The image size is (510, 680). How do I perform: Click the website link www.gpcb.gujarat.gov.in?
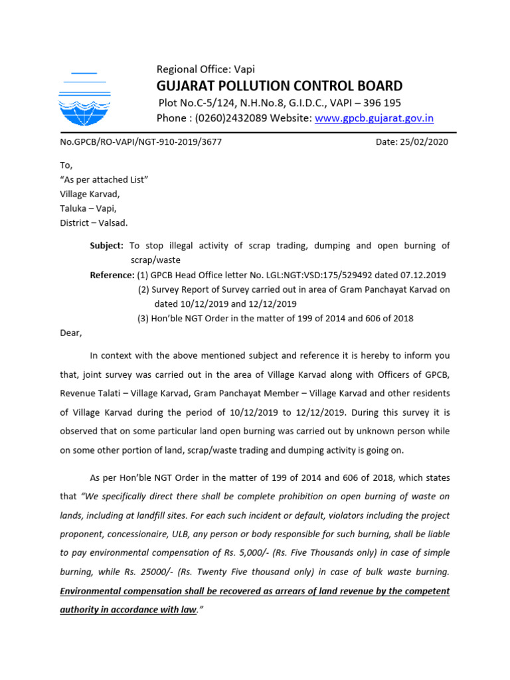(374, 118)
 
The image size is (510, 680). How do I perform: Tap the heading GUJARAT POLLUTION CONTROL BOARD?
(279, 86)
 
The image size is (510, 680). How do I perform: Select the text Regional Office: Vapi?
(205, 69)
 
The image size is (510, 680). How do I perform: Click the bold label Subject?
(106, 246)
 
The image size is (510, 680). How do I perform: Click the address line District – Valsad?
(93, 222)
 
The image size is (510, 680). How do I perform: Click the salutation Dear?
(71, 333)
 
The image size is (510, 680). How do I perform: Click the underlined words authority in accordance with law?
(129, 609)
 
